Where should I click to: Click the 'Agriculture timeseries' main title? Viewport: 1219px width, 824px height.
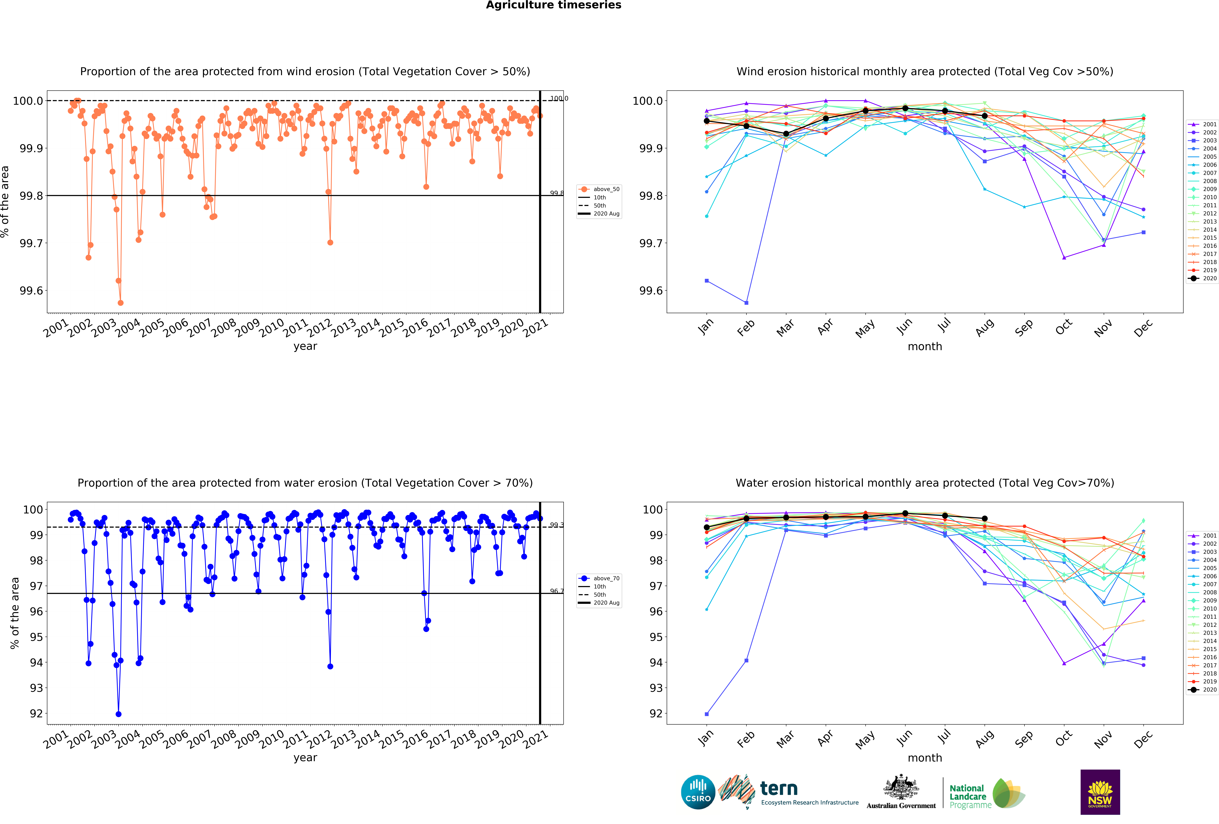pos(553,5)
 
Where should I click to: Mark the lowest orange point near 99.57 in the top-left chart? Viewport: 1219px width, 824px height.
pos(121,303)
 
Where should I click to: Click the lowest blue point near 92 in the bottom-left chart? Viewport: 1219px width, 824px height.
pos(119,714)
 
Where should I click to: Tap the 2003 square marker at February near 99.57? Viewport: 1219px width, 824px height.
pos(746,303)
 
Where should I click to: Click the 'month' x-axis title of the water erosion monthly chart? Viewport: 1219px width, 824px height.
pos(925,758)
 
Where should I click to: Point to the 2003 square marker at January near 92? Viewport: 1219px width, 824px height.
pos(707,714)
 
